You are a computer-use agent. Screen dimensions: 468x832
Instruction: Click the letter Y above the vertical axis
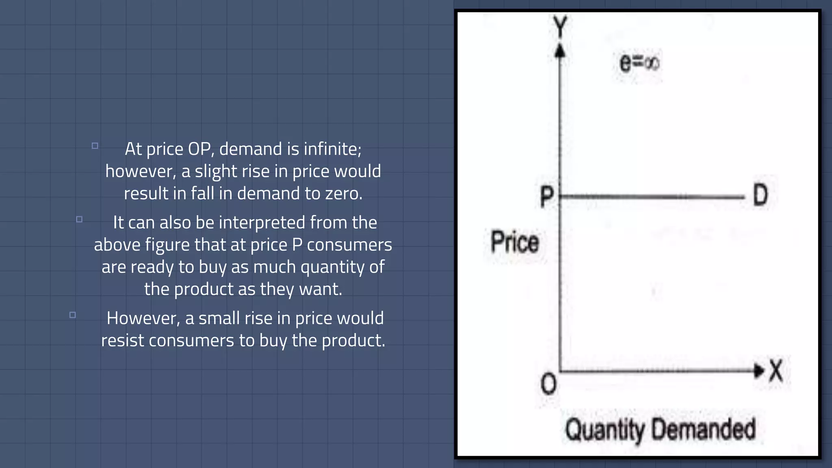tap(561, 26)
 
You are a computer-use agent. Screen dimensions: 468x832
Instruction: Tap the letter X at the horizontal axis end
tap(776, 370)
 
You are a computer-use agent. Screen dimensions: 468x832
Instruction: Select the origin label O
tap(548, 384)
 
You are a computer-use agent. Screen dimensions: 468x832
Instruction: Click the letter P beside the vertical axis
tap(547, 196)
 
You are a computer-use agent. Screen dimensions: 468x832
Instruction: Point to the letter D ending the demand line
tap(760, 195)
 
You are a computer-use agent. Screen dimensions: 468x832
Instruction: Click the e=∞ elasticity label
tap(639, 63)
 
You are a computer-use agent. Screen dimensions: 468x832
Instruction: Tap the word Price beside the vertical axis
tap(515, 242)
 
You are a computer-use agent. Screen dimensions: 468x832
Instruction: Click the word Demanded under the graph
tap(704, 429)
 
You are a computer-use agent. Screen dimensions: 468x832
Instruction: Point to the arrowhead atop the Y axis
tap(560, 51)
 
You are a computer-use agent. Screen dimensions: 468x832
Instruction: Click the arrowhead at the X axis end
tap(758, 370)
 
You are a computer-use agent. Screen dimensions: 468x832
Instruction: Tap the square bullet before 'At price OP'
tap(95, 146)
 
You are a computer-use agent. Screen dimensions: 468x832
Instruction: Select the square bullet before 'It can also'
tap(79, 219)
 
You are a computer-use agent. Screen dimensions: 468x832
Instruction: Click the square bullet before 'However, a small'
tap(73, 315)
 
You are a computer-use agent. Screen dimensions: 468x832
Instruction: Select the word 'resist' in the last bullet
tap(122, 340)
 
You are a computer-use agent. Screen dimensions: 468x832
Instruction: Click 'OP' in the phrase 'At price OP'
tap(199, 149)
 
